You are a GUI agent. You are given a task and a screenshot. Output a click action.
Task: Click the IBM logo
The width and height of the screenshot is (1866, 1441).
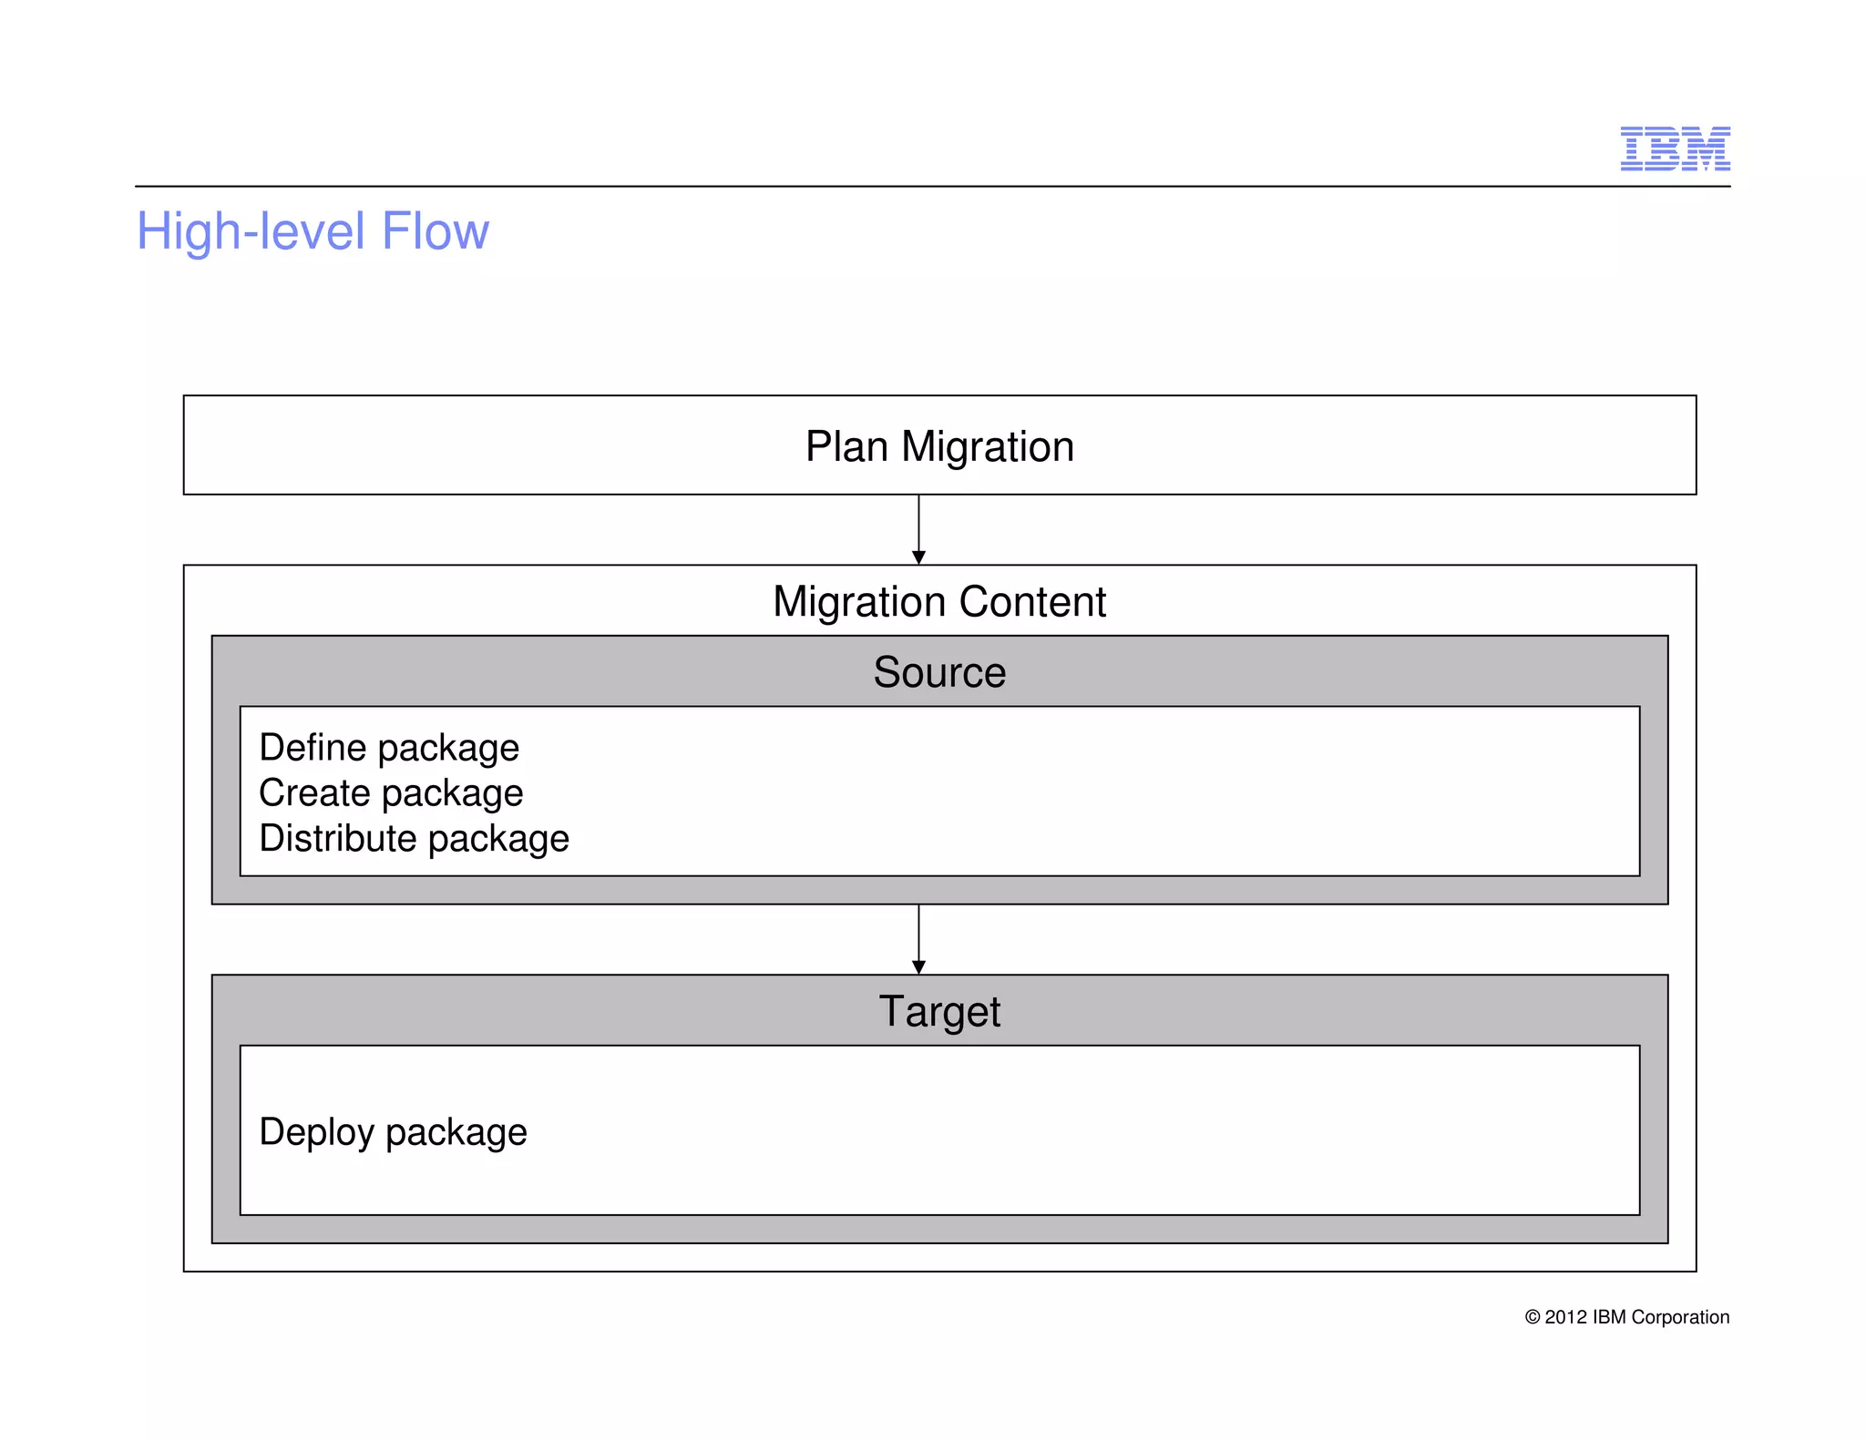[1675, 148]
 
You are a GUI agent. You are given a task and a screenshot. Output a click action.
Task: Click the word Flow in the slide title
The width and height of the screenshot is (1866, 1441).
[435, 231]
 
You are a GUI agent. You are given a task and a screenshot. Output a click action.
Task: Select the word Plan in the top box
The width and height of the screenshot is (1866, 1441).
[846, 447]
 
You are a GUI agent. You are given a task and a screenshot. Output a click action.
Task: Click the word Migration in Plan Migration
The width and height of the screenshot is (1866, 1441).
[988, 447]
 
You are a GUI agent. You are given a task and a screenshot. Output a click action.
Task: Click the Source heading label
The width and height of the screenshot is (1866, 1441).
[939, 672]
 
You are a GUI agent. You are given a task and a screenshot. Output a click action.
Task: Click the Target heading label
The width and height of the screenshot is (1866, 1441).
[939, 1012]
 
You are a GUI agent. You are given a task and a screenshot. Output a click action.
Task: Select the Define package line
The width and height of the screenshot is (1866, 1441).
[389, 748]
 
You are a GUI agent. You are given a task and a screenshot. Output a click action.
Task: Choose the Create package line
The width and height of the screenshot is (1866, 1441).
[391, 793]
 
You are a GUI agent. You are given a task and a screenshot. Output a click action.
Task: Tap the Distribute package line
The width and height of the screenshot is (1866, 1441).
[414, 839]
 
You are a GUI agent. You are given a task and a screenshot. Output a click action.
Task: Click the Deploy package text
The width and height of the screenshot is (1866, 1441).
[393, 1132]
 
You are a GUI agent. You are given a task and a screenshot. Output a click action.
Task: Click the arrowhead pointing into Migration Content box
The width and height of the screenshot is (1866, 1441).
[918, 557]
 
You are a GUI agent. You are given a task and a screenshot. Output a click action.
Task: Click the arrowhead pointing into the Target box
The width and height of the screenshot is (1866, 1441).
[918, 966]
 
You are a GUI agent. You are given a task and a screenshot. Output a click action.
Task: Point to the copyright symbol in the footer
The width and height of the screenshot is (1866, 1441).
[1533, 1317]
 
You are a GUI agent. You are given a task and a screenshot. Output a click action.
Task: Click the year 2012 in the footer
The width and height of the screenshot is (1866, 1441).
[1566, 1317]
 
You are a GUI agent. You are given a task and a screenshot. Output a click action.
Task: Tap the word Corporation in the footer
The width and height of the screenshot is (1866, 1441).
[1680, 1317]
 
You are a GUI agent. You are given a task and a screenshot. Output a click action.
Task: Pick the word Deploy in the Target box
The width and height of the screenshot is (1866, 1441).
[316, 1132]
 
